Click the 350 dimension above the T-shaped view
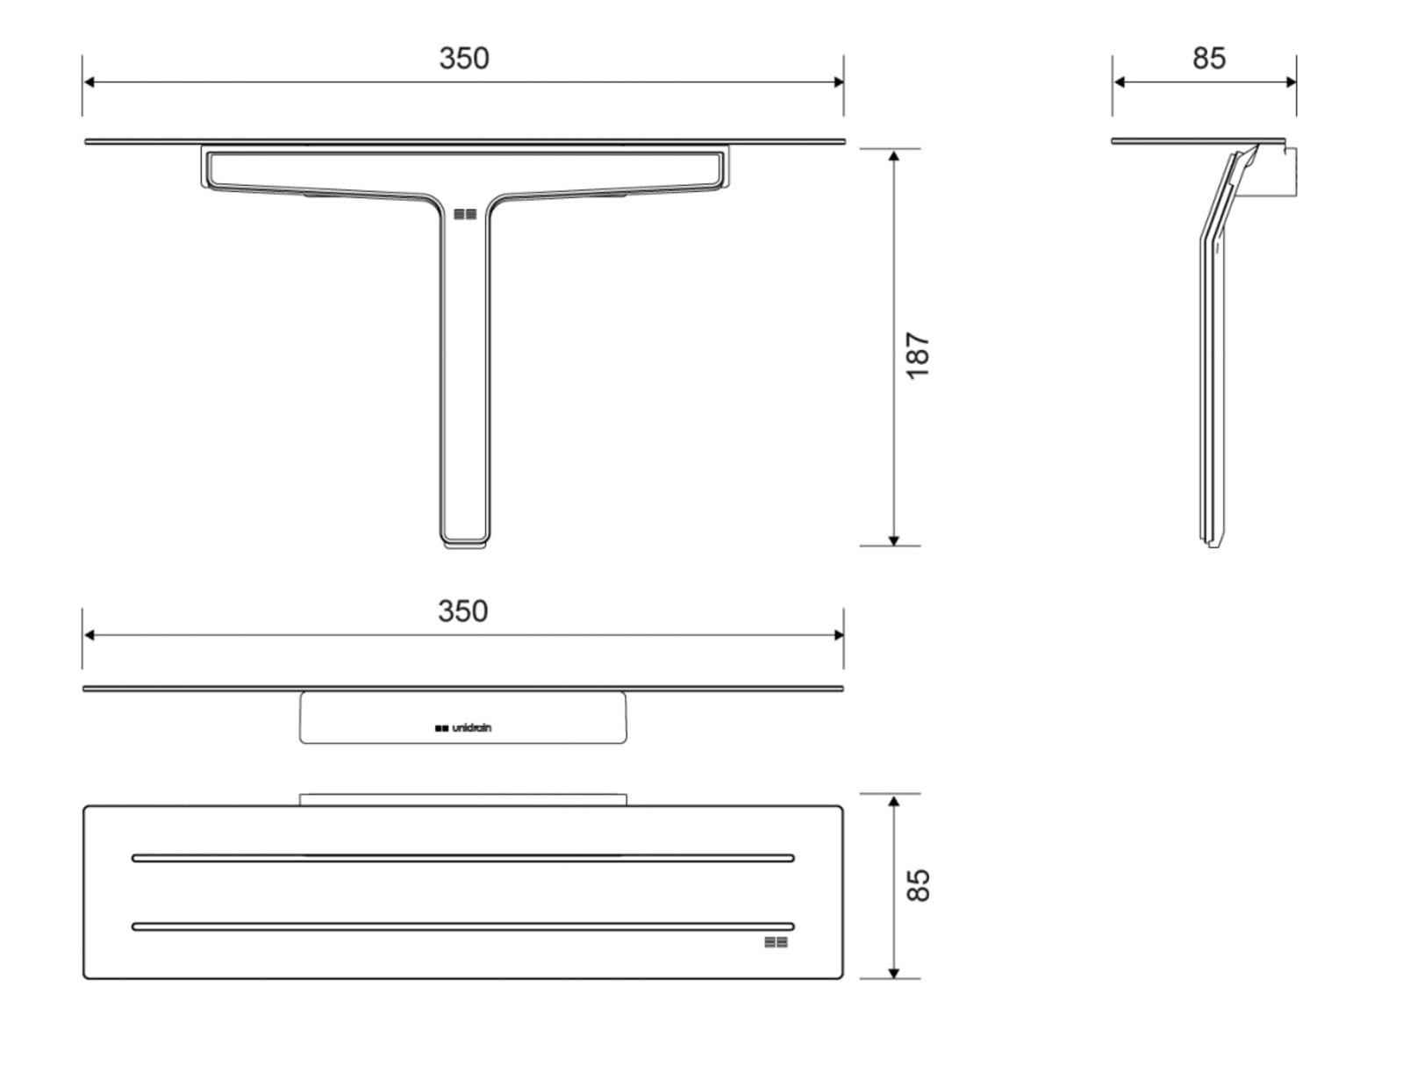[x=464, y=58]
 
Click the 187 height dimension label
[x=918, y=356]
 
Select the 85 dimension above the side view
[x=1209, y=58]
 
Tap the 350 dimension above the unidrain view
[x=462, y=611]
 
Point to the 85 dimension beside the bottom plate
[x=918, y=885]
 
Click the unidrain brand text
[x=472, y=727]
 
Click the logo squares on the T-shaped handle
[x=465, y=214]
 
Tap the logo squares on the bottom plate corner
[x=776, y=942]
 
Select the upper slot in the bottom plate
[x=462, y=858]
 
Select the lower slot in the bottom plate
[x=462, y=927]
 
